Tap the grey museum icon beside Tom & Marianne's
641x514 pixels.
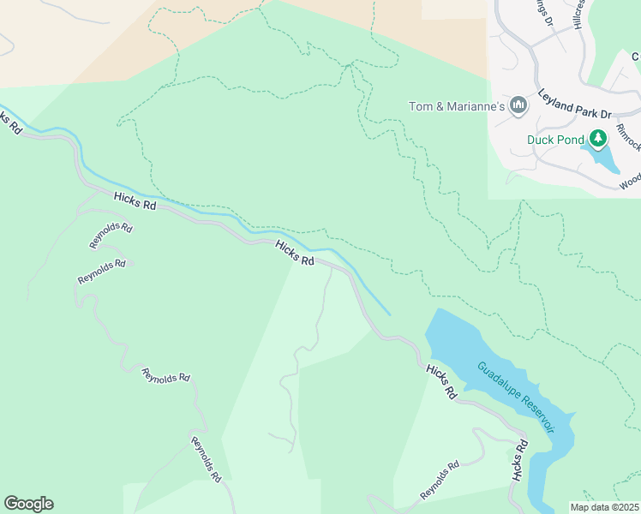(x=518, y=105)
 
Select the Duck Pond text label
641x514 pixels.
(x=554, y=139)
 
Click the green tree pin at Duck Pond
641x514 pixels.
(x=598, y=138)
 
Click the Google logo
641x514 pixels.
(x=28, y=504)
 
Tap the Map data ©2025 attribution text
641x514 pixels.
(x=604, y=507)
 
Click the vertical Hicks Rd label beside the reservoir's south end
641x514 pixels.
(x=518, y=463)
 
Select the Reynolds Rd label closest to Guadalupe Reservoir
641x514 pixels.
(x=440, y=481)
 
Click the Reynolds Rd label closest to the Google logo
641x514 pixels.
(x=207, y=459)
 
